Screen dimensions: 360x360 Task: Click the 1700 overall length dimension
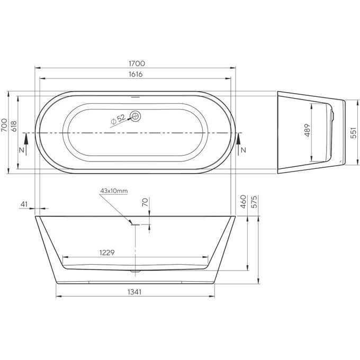click(136, 63)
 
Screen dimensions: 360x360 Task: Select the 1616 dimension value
click(136, 75)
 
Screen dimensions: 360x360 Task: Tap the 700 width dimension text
click(5, 125)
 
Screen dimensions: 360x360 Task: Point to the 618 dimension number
click(15, 125)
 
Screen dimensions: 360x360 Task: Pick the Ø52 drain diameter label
click(118, 119)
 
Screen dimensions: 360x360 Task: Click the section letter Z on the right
click(244, 150)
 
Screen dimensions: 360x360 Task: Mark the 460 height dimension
click(243, 202)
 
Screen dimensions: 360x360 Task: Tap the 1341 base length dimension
click(136, 292)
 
